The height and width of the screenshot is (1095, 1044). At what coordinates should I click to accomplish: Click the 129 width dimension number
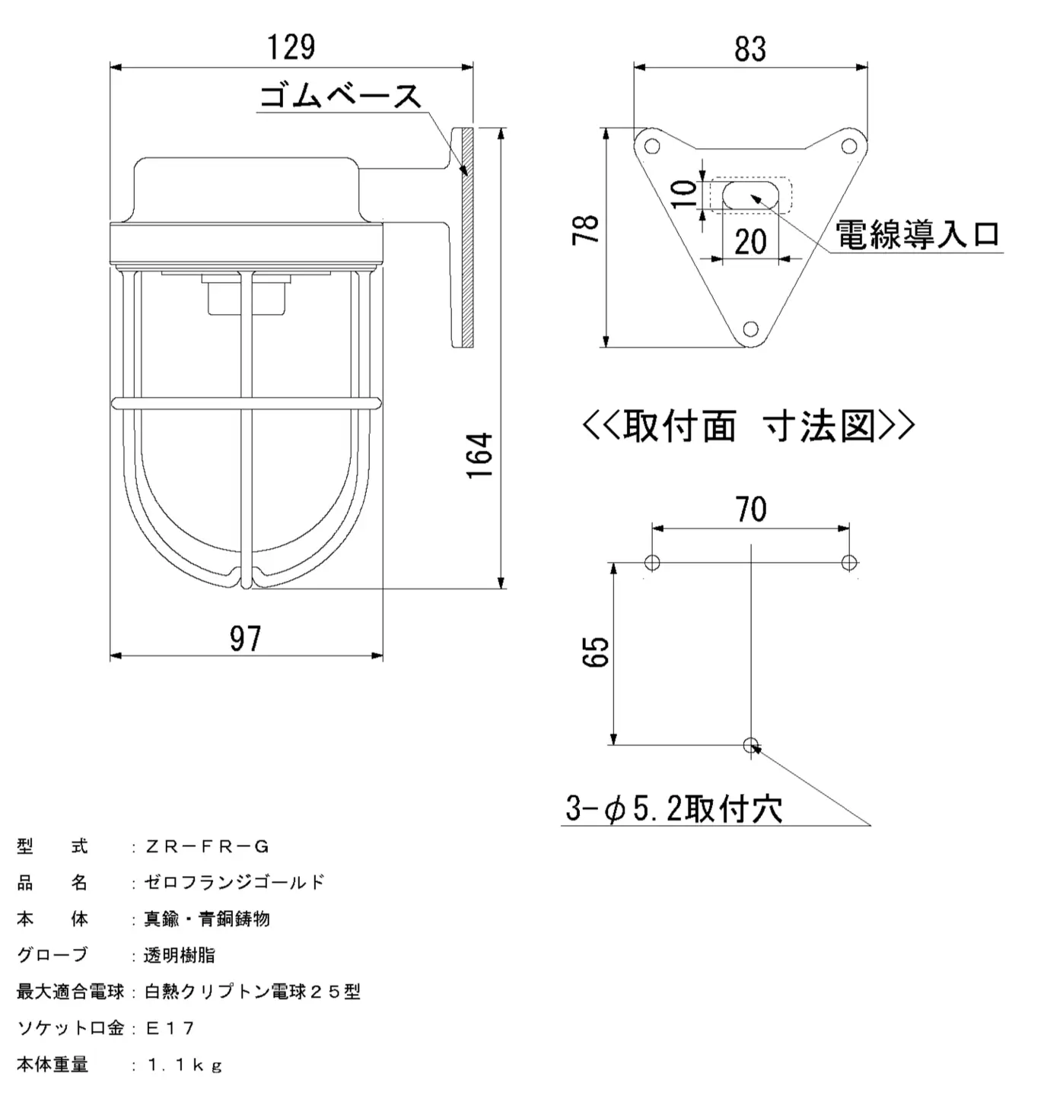click(291, 47)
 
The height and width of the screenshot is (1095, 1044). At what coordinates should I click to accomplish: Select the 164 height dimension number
click(480, 455)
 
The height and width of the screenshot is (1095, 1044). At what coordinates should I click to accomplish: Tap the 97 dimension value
click(245, 638)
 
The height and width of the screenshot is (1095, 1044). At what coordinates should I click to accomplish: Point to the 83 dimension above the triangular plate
click(750, 49)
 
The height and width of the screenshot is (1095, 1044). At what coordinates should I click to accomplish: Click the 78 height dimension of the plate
click(585, 229)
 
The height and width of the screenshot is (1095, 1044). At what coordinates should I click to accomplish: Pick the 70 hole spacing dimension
click(751, 509)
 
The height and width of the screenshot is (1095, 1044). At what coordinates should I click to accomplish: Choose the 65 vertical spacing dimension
click(595, 651)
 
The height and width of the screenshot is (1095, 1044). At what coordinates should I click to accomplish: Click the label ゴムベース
click(341, 96)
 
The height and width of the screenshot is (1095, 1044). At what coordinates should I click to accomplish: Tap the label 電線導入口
click(918, 234)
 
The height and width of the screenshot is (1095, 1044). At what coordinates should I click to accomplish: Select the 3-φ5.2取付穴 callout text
click(674, 808)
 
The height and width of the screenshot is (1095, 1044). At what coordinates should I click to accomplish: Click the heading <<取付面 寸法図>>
click(749, 426)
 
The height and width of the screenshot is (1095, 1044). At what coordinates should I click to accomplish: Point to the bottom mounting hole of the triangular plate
click(750, 328)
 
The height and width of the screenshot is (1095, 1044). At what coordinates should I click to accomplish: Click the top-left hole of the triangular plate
click(651, 147)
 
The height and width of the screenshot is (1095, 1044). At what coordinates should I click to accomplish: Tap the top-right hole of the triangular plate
click(849, 147)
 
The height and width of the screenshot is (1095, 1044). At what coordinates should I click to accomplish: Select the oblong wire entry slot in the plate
click(750, 195)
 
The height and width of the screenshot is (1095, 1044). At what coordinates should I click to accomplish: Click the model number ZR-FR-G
click(207, 847)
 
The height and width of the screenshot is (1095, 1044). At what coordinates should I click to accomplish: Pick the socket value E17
click(170, 1027)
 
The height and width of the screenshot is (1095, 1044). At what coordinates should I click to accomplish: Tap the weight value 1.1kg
click(185, 1065)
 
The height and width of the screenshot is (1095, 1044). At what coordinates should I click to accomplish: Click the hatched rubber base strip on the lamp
click(468, 238)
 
